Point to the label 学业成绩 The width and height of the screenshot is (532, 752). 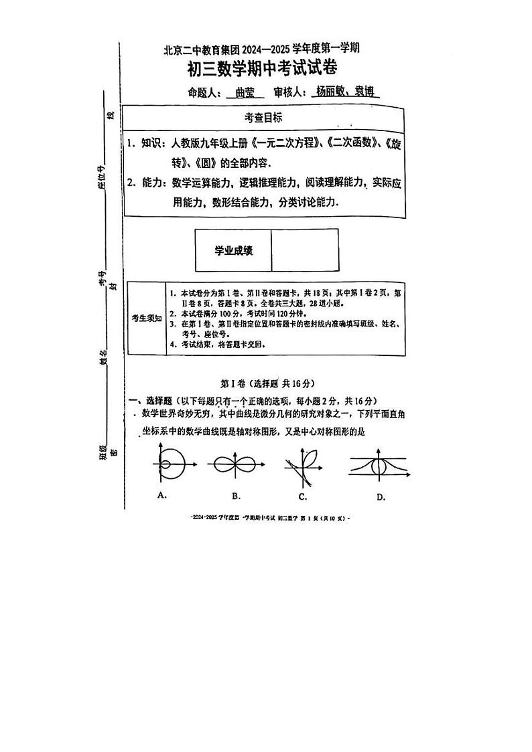[233, 250]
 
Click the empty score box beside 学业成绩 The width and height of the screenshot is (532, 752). [305, 250]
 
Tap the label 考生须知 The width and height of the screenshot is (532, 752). [146, 318]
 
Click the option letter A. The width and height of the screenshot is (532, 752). [161, 495]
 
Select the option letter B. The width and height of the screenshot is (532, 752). [236, 496]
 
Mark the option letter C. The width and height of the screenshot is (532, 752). [303, 496]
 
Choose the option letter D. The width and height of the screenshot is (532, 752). [380, 496]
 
